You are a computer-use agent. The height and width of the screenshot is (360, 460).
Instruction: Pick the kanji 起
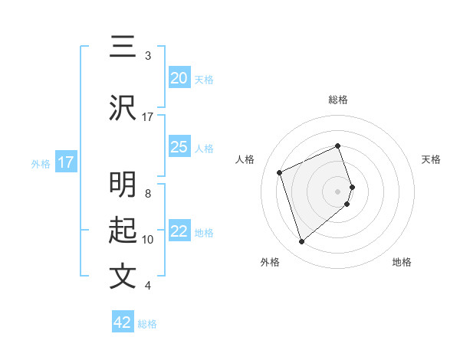(x=123, y=231)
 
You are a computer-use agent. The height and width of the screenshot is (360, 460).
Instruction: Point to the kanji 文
(x=123, y=276)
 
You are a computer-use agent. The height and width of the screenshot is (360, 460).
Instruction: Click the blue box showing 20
(x=179, y=78)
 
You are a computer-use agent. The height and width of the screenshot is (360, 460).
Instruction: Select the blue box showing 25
(x=179, y=147)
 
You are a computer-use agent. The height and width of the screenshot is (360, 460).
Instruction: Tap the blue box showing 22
(x=179, y=231)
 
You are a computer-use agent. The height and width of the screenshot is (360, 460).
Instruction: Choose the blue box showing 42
(x=123, y=322)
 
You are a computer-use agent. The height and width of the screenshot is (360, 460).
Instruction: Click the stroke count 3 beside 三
(x=147, y=56)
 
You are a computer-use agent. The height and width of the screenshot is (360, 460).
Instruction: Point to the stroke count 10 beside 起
(x=148, y=240)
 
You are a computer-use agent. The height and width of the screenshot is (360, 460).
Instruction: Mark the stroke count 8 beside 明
(x=147, y=194)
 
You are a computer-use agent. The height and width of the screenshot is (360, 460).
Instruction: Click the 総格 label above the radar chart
(x=338, y=100)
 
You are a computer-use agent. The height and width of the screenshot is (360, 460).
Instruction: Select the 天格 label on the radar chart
(x=431, y=159)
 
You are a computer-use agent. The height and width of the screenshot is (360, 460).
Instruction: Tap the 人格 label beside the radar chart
(x=245, y=159)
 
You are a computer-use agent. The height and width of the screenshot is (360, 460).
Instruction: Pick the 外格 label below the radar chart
(x=270, y=262)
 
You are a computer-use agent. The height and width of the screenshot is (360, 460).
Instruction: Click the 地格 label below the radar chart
(x=402, y=262)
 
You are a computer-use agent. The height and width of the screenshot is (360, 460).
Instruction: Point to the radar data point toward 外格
(x=301, y=242)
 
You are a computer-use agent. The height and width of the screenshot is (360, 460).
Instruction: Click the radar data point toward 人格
(x=280, y=172)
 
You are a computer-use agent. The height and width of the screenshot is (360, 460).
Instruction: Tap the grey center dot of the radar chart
(x=338, y=191)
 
